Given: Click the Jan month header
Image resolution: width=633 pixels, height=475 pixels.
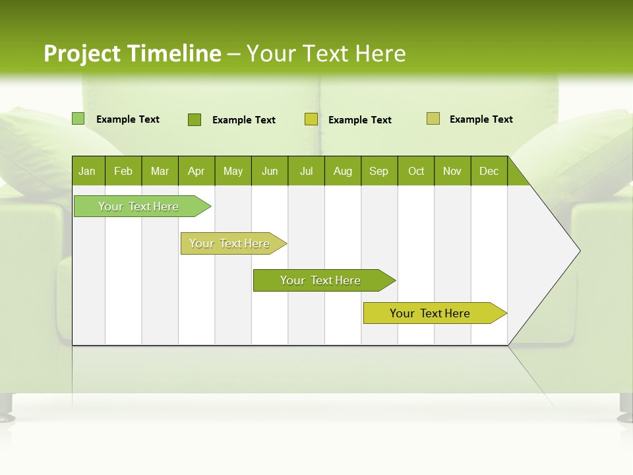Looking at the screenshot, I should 88,171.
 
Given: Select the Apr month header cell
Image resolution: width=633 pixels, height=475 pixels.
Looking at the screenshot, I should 196,171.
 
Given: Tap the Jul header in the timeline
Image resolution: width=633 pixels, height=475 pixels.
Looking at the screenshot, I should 306,171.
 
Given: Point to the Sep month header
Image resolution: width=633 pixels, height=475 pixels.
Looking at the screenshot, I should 379,171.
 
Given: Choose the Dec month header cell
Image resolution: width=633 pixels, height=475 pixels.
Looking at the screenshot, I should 489,171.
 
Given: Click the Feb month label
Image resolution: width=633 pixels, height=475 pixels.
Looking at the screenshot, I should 123,171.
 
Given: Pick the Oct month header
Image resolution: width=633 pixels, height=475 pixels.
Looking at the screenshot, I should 416,171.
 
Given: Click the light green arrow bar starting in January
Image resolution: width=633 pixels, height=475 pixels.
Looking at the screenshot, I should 138,206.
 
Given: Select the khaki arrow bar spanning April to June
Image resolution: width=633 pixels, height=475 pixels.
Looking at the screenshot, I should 230,243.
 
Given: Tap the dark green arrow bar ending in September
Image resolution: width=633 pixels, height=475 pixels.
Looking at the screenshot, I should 320,280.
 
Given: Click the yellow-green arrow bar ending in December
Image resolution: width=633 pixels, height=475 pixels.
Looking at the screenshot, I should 431,313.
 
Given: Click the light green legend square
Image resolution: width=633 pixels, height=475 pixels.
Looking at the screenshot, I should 78,119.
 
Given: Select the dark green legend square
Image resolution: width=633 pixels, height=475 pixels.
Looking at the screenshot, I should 194,119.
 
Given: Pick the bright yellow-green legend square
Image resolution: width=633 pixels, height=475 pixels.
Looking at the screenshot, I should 311,119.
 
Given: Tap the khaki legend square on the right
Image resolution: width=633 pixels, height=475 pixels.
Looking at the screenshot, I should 433,119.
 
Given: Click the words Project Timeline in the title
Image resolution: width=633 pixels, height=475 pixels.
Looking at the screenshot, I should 132,53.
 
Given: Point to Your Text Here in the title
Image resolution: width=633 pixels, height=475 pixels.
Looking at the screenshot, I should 326,53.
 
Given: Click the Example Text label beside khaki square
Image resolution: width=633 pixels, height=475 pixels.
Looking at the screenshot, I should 481,119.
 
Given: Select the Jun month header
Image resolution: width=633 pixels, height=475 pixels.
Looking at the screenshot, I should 270,171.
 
